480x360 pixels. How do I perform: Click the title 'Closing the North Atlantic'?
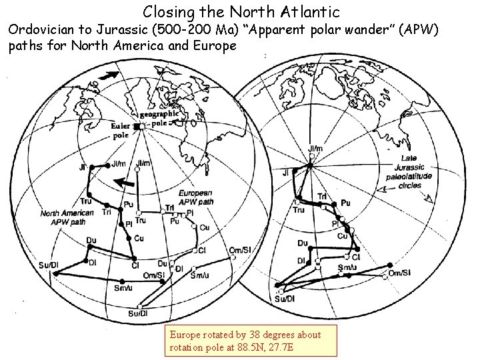click(x=241, y=11)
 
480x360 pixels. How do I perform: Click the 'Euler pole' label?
click(x=121, y=130)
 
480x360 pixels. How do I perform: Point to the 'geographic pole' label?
click(x=159, y=118)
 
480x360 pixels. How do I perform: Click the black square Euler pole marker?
click(x=137, y=126)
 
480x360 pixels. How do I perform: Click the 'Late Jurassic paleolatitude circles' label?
click(x=409, y=172)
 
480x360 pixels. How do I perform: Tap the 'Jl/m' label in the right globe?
click(x=316, y=149)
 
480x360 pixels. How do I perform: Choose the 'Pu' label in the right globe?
click(x=345, y=203)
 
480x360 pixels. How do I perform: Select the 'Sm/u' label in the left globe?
click(x=121, y=287)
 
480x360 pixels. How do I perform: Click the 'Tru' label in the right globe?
click(x=299, y=210)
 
